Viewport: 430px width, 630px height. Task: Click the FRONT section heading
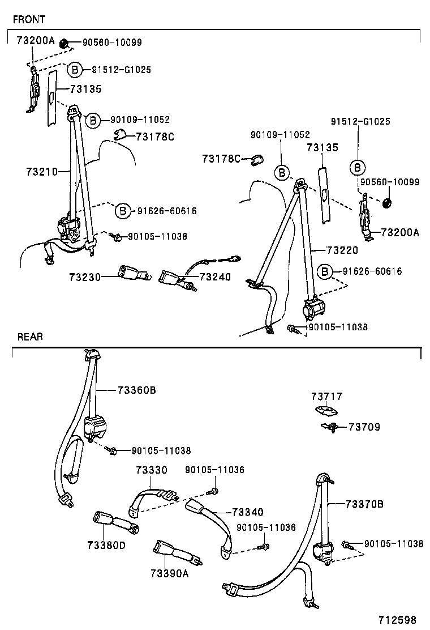tap(29, 19)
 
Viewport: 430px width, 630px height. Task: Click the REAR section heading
tap(30, 337)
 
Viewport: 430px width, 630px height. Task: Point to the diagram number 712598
tap(405, 619)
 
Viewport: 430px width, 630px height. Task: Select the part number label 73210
tap(42, 171)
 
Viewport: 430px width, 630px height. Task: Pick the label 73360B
tap(137, 390)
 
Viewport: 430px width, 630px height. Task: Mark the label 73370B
tap(364, 504)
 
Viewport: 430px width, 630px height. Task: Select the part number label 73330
tap(151, 470)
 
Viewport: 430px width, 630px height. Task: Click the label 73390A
tap(170, 573)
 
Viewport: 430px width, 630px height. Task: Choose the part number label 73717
tap(326, 397)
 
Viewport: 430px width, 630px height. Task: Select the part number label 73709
tap(364, 427)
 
